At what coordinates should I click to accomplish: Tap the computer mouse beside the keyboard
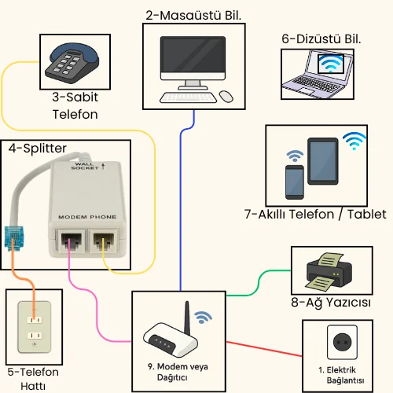tap(226, 97)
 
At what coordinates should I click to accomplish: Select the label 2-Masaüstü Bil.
tap(193, 14)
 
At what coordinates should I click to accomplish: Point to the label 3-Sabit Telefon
tap(75, 106)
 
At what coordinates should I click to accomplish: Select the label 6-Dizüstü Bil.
tap(321, 38)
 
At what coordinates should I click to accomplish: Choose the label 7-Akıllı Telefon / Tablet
tap(315, 214)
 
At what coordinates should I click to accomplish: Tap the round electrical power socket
tap(342, 343)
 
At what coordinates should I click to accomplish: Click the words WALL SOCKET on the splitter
tap(84, 166)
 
